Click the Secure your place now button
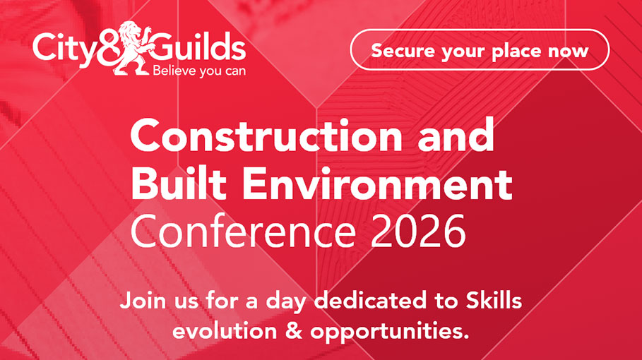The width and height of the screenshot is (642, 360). [479, 50]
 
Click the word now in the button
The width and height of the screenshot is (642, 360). [568, 51]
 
